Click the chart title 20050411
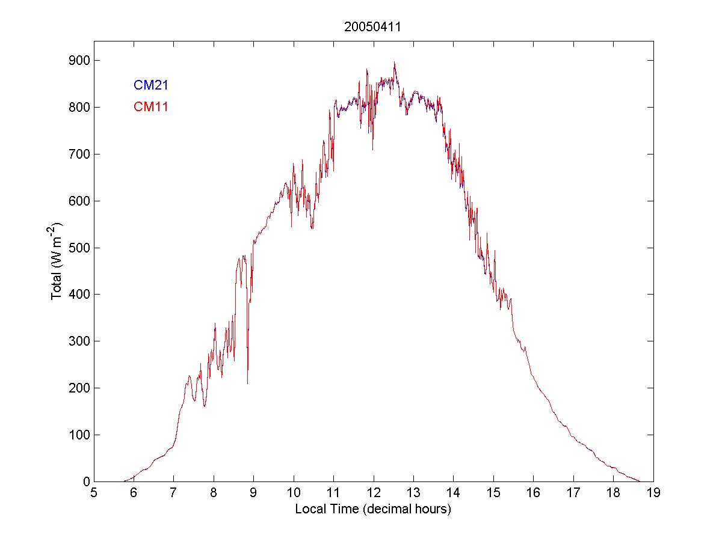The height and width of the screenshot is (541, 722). [x=373, y=26]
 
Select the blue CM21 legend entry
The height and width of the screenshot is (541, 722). [x=150, y=85]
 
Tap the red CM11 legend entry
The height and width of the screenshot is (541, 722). [x=150, y=107]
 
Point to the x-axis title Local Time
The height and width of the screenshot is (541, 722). [x=373, y=509]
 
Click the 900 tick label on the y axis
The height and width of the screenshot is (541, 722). [x=79, y=61]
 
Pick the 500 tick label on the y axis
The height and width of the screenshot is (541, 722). [x=79, y=248]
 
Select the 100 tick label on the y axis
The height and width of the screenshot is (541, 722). [x=79, y=435]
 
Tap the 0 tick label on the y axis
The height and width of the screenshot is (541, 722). [x=85, y=481]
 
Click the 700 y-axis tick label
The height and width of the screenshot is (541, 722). [x=79, y=154]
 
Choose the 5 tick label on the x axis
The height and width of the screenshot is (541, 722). [x=94, y=493]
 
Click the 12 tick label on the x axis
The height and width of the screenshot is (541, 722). [x=373, y=493]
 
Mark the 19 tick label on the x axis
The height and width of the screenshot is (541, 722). [x=653, y=493]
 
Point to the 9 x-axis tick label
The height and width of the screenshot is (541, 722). [x=253, y=493]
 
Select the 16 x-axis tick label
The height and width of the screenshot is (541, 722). [x=533, y=493]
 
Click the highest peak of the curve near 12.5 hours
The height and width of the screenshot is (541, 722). [x=394, y=62]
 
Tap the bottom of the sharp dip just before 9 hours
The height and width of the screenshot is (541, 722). [x=247, y=384]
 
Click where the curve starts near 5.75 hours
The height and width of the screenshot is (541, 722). [x=124, y=481]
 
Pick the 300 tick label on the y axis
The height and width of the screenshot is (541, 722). [x=79, y=341]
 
